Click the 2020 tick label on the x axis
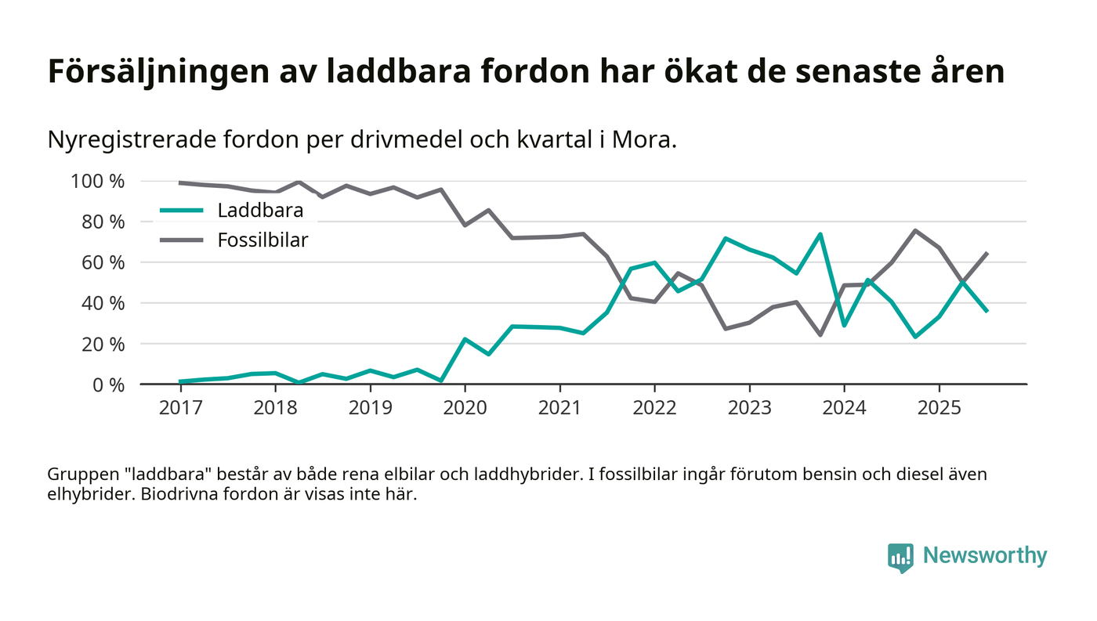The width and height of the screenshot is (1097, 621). click(x=465, y=409)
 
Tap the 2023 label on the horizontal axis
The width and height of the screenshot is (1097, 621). click(x=749, y=409)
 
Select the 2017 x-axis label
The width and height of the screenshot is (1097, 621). click(x=180, y=409)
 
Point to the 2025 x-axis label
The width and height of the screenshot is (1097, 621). click(x=939, y=409)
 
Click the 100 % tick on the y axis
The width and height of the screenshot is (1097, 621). click(x=98, y=182)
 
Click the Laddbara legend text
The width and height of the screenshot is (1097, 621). click(x=260, y=211)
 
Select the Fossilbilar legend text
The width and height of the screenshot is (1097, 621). click(x=262, y=240)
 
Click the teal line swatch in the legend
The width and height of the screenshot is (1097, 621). click(x=182, y=211)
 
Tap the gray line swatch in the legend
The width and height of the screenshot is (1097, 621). click(x=182, y=240)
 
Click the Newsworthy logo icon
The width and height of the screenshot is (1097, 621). click(x=901, y=557)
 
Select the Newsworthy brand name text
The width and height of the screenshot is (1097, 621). click(x=984, y=556)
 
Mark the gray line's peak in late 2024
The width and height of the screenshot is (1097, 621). click(x=915, y=231)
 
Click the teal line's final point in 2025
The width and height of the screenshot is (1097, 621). click(x=987, y=311)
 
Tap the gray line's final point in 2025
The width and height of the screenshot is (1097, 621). click(x=987, y=254)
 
